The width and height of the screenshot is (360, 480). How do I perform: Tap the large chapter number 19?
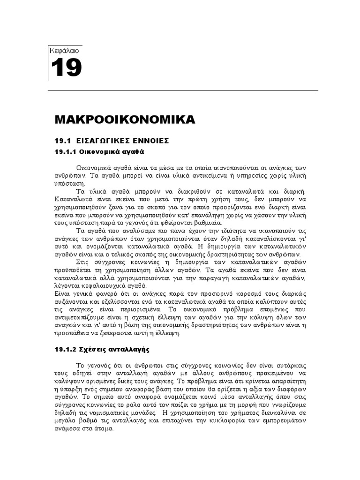pos(66,68)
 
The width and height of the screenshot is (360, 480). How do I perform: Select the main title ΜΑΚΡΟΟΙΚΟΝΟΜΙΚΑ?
pos(125,120)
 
